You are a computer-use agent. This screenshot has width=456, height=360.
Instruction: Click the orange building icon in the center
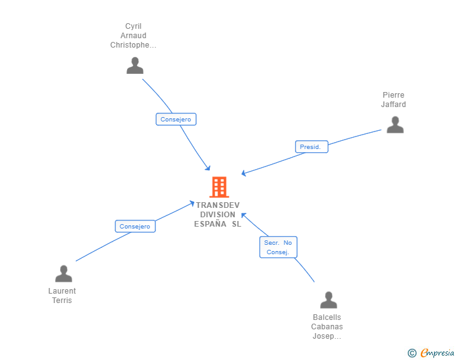point(219,187)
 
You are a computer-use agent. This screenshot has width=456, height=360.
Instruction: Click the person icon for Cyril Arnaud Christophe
point(135,66)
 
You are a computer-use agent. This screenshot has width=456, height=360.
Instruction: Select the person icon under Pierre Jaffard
point(395,125)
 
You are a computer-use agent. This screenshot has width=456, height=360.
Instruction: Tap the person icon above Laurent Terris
point(63,274)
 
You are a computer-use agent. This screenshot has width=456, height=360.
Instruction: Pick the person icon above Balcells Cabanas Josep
point(328,301)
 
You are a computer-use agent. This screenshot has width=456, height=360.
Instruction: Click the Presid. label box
point(311,147)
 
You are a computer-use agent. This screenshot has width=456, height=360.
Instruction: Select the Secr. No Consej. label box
point(278,247)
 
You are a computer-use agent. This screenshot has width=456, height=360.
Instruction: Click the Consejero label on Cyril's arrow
point(176,119)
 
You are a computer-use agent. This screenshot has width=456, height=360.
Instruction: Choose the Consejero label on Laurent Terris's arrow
point(135,227)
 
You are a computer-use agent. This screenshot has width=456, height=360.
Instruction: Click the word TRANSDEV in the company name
point(217,205)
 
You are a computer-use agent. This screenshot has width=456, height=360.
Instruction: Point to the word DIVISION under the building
point(217,215)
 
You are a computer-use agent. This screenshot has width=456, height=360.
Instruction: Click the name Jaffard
point(393,105)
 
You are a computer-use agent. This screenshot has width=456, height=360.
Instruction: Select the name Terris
point(62,301)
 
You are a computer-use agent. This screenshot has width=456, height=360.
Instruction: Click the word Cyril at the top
point(133,26)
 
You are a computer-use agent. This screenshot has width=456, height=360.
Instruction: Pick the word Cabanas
point(327,327)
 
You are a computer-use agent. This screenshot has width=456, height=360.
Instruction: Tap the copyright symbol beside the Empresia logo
point(412,353)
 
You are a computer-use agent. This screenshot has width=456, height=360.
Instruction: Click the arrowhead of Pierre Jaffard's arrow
point(244,173)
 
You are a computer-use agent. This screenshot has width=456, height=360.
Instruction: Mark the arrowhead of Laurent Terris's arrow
point(192,202)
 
